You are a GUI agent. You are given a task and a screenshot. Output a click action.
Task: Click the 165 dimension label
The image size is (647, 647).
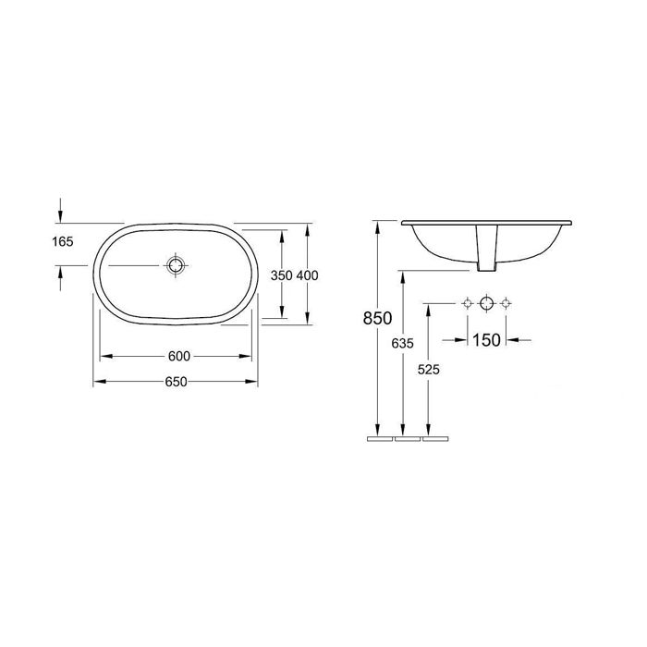63,241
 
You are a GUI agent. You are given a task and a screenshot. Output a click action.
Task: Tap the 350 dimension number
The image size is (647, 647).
281,275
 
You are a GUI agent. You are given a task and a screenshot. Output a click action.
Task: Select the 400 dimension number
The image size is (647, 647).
308,275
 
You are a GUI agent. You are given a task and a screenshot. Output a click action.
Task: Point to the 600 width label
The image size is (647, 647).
179,356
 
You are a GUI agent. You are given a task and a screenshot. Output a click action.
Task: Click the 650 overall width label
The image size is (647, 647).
176,382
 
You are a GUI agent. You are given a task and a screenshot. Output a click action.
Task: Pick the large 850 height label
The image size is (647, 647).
377,318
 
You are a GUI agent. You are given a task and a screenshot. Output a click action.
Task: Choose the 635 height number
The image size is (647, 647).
402,343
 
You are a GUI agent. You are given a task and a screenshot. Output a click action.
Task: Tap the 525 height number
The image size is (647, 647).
429,370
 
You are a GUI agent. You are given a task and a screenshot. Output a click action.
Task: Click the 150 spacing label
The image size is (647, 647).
486,340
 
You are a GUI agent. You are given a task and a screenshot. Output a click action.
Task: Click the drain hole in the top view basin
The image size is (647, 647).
176,265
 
